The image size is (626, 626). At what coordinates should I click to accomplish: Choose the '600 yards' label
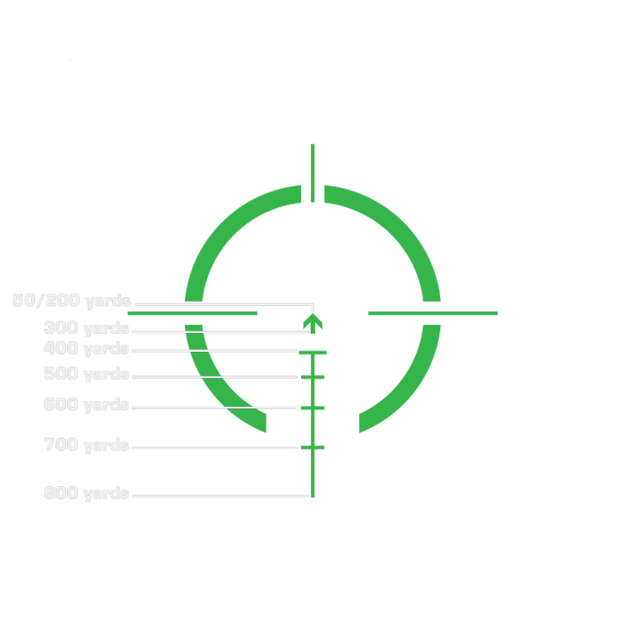click(86, 404)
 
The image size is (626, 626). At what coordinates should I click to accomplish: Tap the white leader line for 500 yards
click(214, 376)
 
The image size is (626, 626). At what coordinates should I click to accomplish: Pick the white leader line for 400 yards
click(214, 351)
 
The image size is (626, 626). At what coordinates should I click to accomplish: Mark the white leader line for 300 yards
click(214, 331)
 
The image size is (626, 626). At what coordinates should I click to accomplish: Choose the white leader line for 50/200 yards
click(221, 304)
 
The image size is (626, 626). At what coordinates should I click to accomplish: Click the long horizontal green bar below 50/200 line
click(193, 315)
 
